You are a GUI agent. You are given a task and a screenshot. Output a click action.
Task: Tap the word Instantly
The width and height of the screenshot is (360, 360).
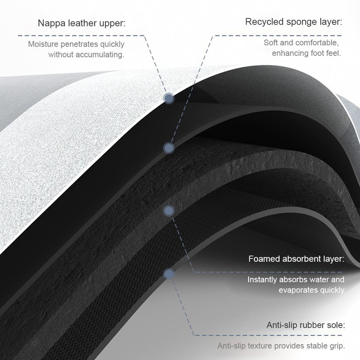click(263, 280)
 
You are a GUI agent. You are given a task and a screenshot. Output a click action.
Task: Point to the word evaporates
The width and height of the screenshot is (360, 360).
click(296, 290)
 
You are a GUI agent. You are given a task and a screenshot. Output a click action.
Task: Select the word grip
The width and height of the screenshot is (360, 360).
click(337, 346)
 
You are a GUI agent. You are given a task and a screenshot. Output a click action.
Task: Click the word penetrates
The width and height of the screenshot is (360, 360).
click(82, 45)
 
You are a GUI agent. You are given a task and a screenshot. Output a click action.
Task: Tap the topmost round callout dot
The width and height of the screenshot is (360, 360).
click(169, 99)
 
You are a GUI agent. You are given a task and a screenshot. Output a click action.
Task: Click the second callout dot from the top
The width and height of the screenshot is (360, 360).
click(169, 148)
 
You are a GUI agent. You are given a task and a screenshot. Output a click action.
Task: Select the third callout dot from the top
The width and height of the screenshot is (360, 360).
click(169, 211)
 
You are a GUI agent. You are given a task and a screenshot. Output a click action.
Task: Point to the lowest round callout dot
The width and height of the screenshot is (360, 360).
click(169, 274)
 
